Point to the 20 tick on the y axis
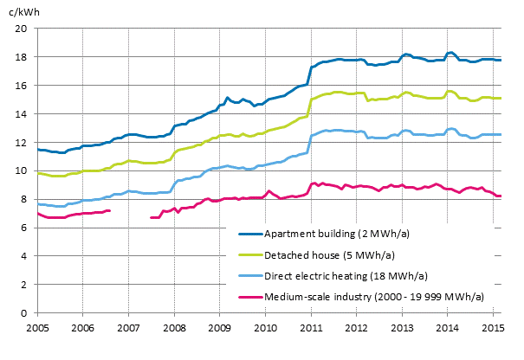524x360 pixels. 23,29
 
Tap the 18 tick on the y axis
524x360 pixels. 23,57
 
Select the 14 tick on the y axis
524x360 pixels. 23,114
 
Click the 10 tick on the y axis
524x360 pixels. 23,170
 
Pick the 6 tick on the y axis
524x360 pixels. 25,228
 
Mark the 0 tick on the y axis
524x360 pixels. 25,312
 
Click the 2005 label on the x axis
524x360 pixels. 37,328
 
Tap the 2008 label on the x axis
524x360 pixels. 174,328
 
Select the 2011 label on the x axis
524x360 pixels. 311,328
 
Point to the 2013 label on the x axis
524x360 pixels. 402,328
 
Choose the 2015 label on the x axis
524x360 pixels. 493,328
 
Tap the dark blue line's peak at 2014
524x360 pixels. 450,53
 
